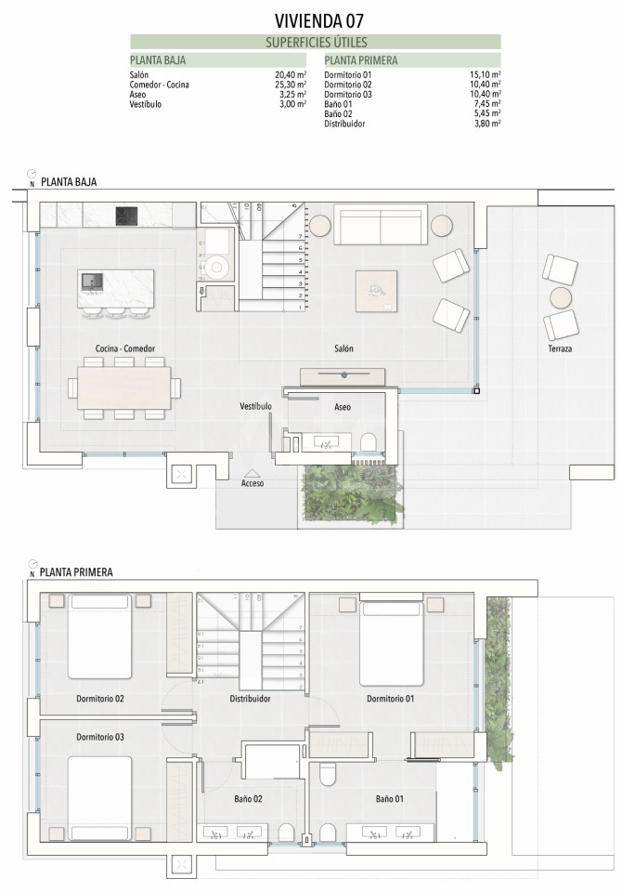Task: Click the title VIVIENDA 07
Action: (318, 21)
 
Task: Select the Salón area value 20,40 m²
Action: (291, 74)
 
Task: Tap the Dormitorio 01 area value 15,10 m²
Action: (485, 74)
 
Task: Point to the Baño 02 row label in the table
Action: (338, 113)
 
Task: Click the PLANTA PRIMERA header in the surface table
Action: (361, 60)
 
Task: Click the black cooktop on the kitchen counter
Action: (127, 216)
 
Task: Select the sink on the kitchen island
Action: (92, 281)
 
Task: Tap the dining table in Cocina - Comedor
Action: (124, 387)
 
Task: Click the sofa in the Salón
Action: (381, 225)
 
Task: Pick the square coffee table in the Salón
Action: (376, 291)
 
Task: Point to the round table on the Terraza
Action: (561, 297)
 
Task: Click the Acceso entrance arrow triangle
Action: (252, 473)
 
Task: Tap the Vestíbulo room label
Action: (255, 406)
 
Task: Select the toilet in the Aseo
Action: (369, 441)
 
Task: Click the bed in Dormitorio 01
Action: (391, 639)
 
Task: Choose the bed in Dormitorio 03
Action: (100, 798)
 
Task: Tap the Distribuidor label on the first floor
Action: (250, 698)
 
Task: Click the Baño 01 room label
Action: (390, 799)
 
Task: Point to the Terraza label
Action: (560, 348)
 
